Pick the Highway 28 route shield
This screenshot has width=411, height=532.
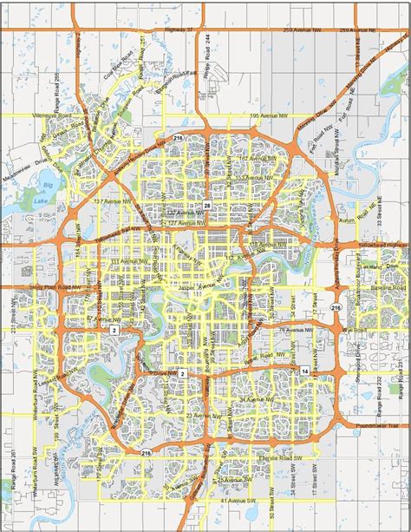pyautogui.click(x=207, y=205)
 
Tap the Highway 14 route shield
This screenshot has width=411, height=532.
pyautogui.click(x=305, y=371)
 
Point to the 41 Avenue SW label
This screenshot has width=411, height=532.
pyautogui.click(x=235, y=502)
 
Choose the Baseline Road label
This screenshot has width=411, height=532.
pyautogui.click(x=389, y=287)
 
